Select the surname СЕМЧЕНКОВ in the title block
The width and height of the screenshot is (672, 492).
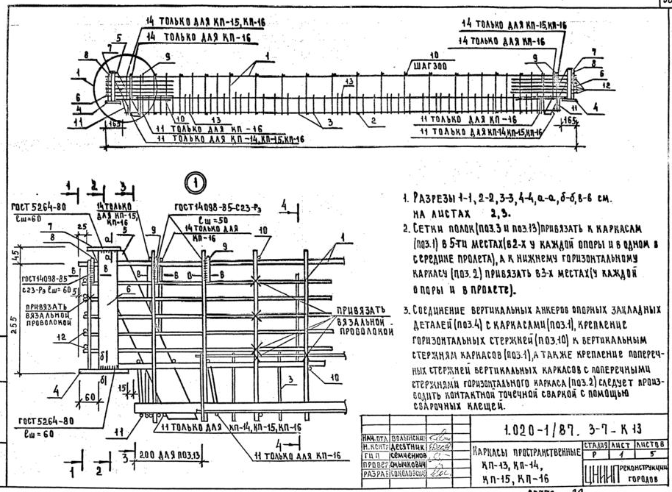(403, 455)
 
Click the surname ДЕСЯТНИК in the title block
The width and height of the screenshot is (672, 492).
(403, 446)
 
